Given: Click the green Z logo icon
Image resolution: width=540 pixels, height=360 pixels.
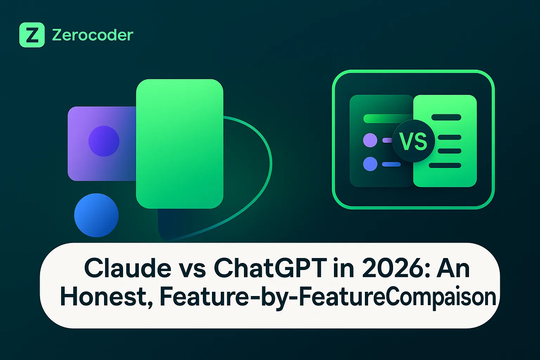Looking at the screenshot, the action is (x=32, y=35).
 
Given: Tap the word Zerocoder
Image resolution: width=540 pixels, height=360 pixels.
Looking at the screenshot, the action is (x=92, y=35).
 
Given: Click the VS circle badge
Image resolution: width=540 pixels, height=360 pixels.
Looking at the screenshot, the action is (x=413, y=141).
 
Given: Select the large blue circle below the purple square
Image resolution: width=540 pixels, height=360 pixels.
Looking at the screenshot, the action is (x=96, y=215).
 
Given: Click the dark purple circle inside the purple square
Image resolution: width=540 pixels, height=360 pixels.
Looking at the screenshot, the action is (x=104, y=141).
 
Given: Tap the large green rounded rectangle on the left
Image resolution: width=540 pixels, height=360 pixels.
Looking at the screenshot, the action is (x=180, y=144).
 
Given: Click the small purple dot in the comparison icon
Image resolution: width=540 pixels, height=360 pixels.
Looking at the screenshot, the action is (x=370, y=140).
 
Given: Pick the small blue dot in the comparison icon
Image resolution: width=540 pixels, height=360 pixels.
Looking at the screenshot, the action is (x=370, y=164).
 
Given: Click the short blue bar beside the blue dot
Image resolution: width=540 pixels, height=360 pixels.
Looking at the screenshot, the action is (x=391, y=165).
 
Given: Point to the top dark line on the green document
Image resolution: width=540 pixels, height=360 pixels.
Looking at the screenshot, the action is (x=446, y=117).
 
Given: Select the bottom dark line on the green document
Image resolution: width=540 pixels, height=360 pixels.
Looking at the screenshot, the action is (x=445, y=166).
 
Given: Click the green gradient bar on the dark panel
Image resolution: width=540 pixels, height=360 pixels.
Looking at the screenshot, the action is (x=388, y=118).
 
